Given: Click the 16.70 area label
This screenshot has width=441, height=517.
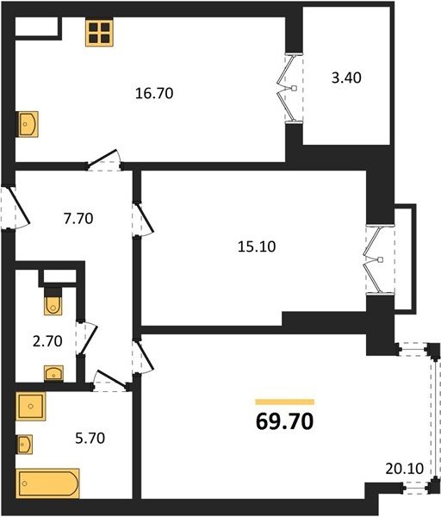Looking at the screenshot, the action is [154, 93].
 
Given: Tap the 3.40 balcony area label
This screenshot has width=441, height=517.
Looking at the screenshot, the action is [346, 78].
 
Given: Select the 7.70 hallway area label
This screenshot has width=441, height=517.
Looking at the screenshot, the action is [78, 219].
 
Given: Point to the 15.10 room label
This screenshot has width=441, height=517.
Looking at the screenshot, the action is [257, 246].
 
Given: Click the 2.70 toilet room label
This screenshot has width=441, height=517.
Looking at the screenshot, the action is [47, 341].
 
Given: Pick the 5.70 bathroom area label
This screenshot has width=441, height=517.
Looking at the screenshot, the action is [90, 439].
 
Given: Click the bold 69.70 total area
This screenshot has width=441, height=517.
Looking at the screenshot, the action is [284, 421].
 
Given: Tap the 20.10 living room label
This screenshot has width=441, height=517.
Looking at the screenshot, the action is [405, 469].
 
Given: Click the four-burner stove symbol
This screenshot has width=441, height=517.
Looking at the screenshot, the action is [99, 33].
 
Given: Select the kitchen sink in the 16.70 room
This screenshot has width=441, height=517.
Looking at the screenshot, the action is [28, 124].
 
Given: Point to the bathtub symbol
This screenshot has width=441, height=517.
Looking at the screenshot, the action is [48, 483].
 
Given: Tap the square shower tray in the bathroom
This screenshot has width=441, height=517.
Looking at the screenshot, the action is [31, 406].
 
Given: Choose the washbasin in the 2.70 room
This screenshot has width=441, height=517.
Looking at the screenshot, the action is [53, 373].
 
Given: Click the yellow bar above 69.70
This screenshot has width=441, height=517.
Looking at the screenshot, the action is [285, 402].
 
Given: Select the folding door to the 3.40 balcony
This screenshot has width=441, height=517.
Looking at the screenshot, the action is [290, 89].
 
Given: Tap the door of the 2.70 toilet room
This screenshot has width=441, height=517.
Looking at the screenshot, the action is [86, 338].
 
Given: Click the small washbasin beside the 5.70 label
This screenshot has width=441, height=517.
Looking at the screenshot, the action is [24, 445].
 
